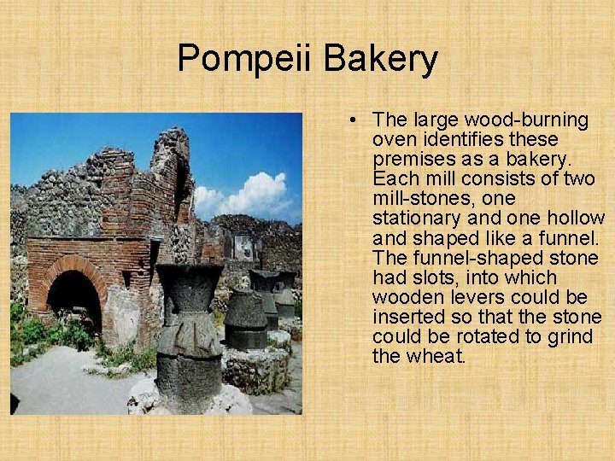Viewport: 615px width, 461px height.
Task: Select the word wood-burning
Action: pyautogui.click(x=528, y=120)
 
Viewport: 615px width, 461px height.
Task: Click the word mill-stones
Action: pyautogui.click(x=419, y=199)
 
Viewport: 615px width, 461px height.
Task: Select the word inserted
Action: pyautogui.click(x=406, y=317)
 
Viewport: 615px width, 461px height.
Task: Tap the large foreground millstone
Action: pyautogui.click(x=190, y=333)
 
